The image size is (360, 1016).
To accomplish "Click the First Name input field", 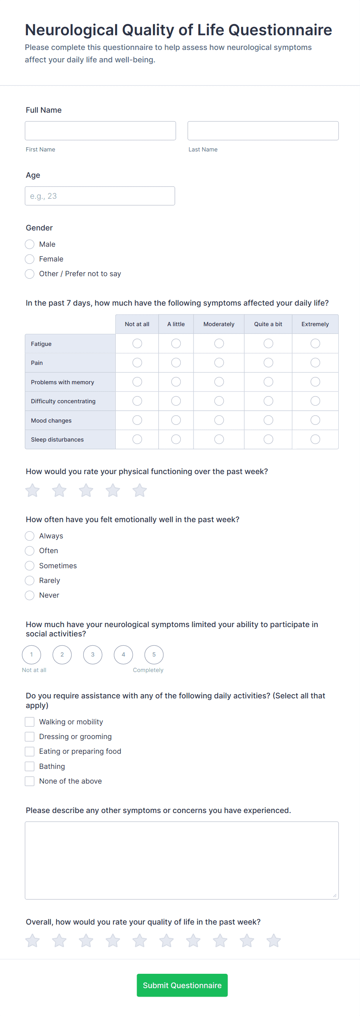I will point(100,131).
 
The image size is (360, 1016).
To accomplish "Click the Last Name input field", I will point(262,131).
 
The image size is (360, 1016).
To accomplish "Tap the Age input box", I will point(100,196).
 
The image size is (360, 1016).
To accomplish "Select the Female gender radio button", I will point(29,259).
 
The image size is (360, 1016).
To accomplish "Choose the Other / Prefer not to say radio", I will point(29,274).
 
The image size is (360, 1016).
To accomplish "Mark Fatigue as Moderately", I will point(219,344).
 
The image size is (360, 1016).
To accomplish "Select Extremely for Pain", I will point(315,363).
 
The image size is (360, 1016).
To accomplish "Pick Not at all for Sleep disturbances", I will point(137,439).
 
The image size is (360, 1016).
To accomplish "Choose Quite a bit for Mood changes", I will point(268,420).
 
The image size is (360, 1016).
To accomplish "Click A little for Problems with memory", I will point(176,382).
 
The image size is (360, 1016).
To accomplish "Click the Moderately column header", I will point(219,324).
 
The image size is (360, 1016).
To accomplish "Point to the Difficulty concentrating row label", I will point(63,401).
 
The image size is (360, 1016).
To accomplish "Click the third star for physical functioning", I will point(86,490).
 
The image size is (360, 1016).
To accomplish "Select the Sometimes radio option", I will point(29,566).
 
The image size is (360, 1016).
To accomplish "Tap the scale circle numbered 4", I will point(123,654).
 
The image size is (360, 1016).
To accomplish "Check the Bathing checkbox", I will point(29,766).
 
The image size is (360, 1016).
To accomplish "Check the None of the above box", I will point(29,781).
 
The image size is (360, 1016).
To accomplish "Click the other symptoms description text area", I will point(182,860).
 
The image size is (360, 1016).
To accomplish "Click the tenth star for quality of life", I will point(274,941).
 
